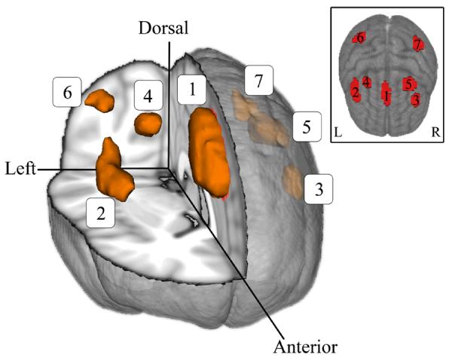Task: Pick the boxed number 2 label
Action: point(100,213)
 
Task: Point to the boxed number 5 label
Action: point(306,129)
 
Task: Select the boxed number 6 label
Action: point(67,93)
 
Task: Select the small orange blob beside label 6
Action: point(99,99)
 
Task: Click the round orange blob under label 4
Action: point(148,124)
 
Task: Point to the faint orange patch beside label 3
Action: point(292,182)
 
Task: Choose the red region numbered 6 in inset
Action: point(359,38)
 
